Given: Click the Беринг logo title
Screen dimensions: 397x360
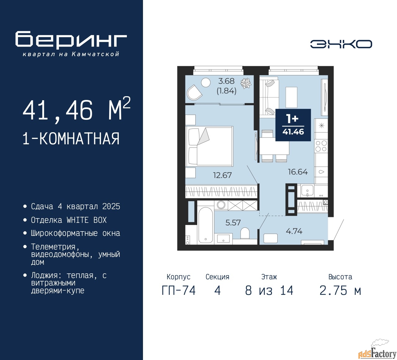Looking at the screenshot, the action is coord(71,40).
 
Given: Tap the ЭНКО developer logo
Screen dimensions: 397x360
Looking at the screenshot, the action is coord(341,44).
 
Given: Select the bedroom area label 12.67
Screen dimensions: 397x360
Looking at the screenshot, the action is coord(222,175).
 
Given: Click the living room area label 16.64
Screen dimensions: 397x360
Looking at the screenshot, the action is coord(298,172).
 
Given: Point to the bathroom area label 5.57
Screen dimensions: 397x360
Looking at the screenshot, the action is coord(233,223).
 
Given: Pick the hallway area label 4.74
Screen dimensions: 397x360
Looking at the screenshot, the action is coord(294,231).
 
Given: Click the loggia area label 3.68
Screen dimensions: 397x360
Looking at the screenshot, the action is coord(226,81).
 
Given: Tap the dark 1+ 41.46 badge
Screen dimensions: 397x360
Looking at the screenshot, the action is coord(293,125).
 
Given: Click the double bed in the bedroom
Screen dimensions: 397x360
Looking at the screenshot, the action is coord(210,146).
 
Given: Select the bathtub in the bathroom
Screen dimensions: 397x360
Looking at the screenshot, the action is coord(206,225).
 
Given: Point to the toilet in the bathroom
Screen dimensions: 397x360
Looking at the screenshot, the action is coord(245,233).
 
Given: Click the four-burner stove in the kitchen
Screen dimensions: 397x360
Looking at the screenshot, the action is coord(321,146).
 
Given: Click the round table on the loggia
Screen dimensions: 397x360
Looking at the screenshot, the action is coord(206,83).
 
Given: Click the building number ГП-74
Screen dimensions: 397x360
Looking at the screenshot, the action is coord(179,291).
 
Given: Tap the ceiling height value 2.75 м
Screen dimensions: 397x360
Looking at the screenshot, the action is coord(340,291).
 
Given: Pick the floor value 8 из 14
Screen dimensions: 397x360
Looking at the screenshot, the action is coord(269,291).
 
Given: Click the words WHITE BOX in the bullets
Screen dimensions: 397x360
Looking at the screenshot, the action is coord(87,220).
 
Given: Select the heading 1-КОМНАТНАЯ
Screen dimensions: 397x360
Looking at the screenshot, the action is coord(71,139).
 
